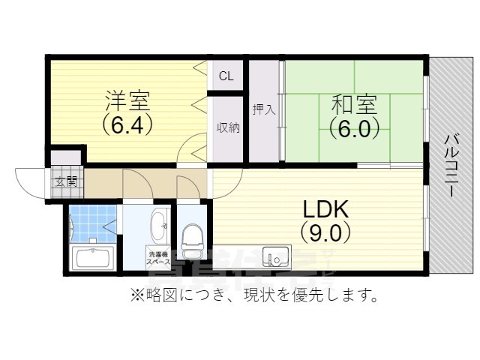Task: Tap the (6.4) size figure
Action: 127,124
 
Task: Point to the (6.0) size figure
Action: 349,128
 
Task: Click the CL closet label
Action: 226,76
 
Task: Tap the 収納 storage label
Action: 228,127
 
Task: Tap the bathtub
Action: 93,259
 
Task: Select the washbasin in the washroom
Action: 159,223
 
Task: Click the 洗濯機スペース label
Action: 158,257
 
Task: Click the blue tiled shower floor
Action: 92,222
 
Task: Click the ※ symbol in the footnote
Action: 137,295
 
